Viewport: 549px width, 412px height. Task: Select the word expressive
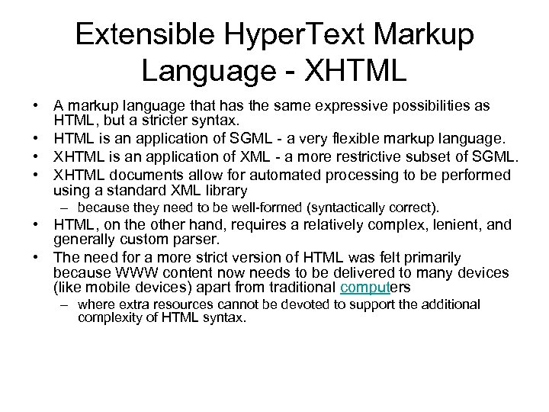coord(335,106)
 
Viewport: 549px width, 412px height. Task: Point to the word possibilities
coord(426,106)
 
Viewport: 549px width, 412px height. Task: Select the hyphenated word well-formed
coord(249,207)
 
